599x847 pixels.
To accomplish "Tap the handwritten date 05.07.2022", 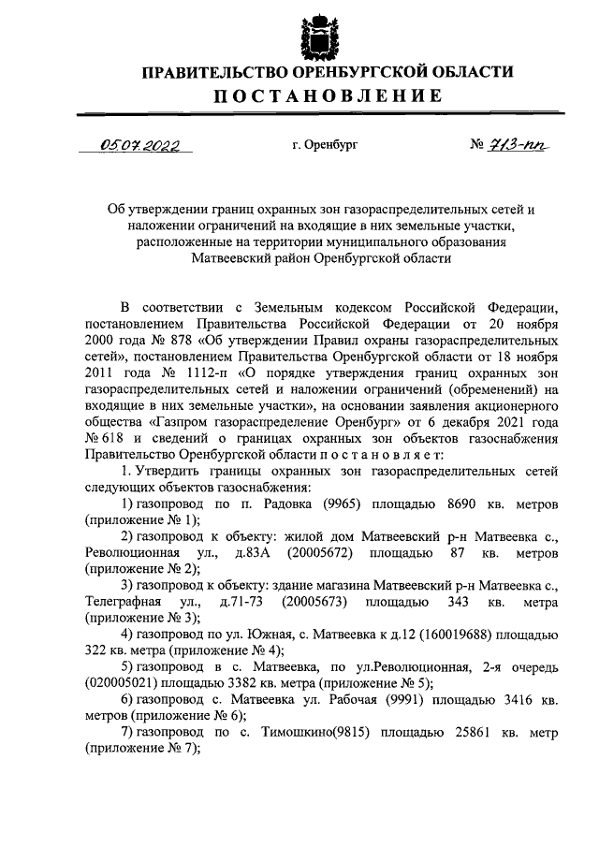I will (140, 145).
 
